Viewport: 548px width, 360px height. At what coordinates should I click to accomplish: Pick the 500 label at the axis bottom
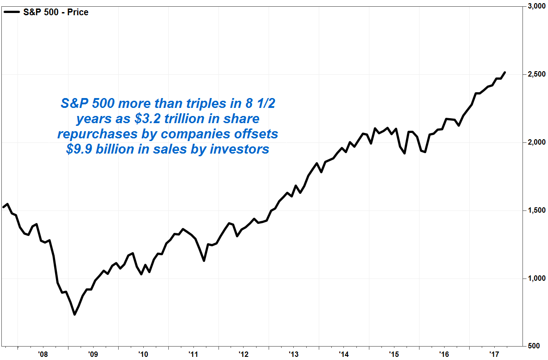pyautogui.click(x=539, y=346)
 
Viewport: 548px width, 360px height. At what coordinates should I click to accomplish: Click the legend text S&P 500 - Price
pyautogui.click(x=56, y=13)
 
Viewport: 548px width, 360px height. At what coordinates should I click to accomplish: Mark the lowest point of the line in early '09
pyautogui.click(x=75, y=314)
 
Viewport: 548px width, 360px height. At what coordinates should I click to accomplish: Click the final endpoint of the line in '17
pyautogui.click(x=505, y=73)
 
